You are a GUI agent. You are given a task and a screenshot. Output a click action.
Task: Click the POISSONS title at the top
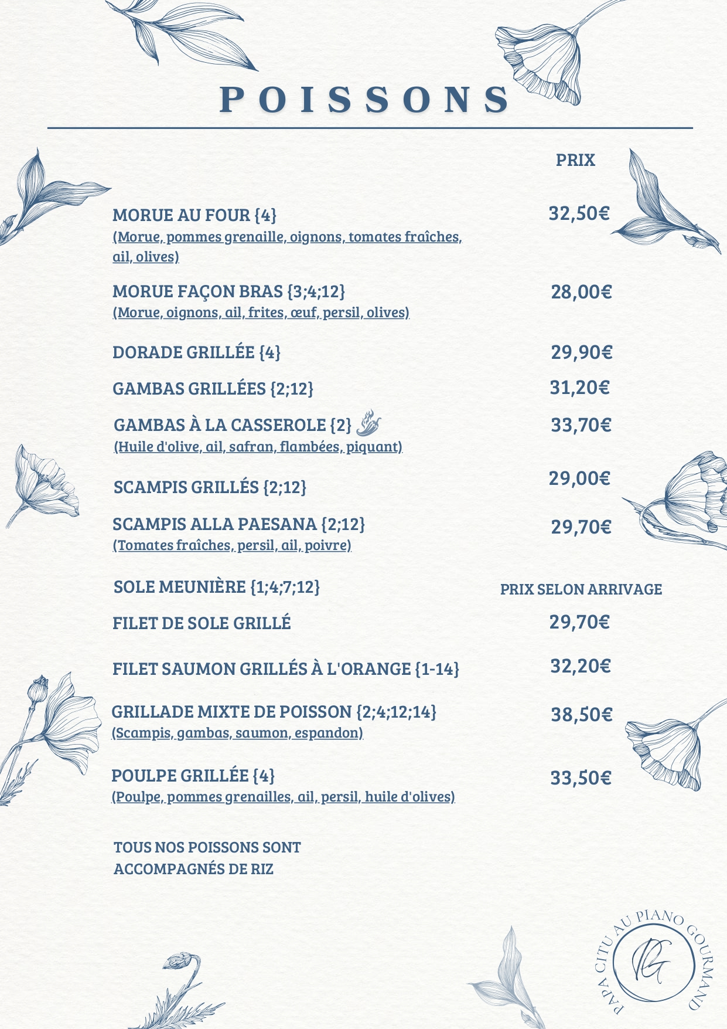point(364,100)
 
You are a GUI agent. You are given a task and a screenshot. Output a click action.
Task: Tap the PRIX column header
point(575,160)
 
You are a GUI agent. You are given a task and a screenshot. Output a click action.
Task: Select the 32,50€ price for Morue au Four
point(579,213)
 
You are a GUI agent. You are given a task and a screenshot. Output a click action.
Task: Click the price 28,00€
point(581,292)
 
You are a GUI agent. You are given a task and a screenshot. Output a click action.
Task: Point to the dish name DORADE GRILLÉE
point(183,352)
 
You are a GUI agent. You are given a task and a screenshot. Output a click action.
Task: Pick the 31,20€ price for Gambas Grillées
point(579,388)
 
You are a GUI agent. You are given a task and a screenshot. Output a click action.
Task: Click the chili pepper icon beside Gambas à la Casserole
point(368,423)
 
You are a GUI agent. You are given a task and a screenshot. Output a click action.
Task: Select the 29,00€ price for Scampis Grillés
point(579,478)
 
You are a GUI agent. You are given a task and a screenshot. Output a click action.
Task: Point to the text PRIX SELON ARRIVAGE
point(581,589)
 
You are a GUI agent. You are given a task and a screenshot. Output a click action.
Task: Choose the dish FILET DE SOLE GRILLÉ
point(202,623)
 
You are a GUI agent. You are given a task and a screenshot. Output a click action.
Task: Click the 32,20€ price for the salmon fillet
point(580,666)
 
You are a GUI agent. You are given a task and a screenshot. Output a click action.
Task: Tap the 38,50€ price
point(581,715)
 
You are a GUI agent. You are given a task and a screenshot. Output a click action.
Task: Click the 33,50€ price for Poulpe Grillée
point(580,778)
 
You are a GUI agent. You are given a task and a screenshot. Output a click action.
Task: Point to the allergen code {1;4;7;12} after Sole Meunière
point(285,587)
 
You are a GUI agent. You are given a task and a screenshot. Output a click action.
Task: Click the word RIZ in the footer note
point(262,869)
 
